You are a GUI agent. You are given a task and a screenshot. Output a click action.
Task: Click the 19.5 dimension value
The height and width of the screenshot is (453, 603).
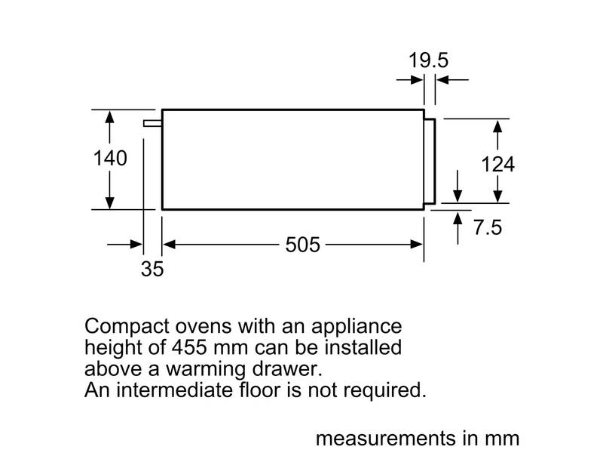428,60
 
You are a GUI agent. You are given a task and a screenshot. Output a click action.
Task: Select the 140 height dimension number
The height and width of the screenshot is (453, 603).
110,159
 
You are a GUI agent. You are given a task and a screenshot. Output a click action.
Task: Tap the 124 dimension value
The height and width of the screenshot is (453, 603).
497,165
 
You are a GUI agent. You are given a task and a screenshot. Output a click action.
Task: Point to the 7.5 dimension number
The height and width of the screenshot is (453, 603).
488,227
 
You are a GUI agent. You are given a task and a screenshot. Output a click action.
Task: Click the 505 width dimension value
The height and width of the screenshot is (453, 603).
303,245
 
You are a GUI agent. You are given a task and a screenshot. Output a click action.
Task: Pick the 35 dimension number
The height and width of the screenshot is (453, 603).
152,269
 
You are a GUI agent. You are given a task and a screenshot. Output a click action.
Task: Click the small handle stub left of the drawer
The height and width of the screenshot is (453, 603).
153,123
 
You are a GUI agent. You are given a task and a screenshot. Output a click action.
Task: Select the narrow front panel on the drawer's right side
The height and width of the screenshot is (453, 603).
430,161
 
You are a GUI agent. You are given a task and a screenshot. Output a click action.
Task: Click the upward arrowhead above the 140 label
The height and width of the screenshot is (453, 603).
110,117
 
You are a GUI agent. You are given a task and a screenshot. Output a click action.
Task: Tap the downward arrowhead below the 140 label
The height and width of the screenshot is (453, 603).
110,202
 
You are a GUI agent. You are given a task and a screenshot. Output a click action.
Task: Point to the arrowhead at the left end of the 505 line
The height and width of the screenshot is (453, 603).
169,245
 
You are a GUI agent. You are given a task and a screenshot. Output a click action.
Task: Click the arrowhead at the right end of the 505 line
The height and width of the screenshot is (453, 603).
417,245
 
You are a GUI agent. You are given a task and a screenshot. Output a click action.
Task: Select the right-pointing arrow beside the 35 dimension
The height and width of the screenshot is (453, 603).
125,244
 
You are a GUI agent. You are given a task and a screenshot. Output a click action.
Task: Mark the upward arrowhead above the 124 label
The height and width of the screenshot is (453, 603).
497,126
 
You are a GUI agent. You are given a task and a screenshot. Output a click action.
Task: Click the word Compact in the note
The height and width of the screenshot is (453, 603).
127,327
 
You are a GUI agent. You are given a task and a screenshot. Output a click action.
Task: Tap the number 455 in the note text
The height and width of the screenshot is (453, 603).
190,347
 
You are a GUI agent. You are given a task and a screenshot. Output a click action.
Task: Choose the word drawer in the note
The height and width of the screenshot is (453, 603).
287,368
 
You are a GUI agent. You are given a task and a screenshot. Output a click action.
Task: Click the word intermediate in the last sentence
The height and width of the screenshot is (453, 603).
174,390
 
